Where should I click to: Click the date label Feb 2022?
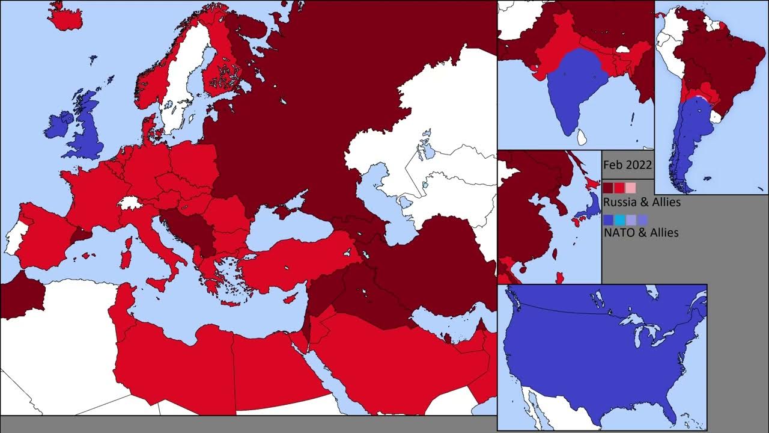click(628, 165)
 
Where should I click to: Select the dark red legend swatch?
click(608, 188)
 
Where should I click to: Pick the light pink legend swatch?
click(630, 188)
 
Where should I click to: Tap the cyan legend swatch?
click(619, 220)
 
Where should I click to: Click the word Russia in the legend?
click(620, 202)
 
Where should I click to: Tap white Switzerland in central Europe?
click(130, 202)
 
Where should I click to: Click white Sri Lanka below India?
click(581, 138)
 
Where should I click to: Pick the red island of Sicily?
click(157, 283)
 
